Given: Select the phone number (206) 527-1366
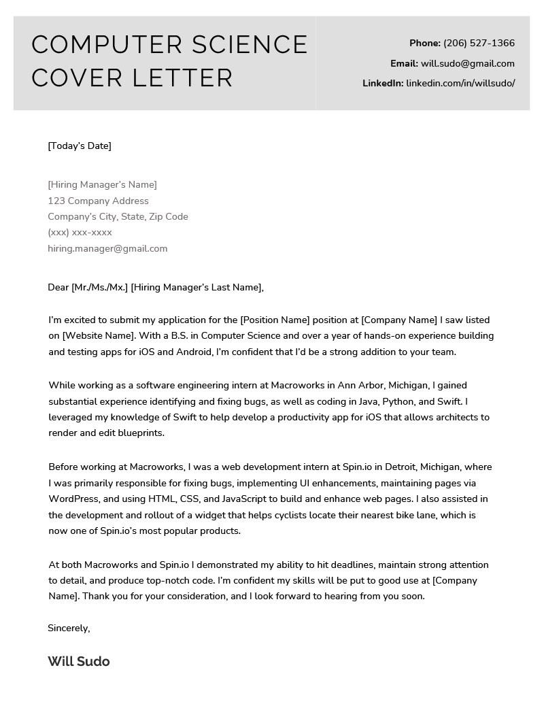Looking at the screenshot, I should (x=479, y=44).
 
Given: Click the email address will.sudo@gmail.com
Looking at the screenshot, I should (x=467, y=63).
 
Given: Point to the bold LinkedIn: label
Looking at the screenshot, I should (x=382, y=84).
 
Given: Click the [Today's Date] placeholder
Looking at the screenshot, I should (x=80, y=146).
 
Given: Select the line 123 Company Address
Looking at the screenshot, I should (x=98, y=201).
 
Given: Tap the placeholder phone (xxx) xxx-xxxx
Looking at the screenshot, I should (x=80, y=233).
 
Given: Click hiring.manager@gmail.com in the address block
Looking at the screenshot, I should (x=107, y=248).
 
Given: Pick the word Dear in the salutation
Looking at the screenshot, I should (x=58, y=287).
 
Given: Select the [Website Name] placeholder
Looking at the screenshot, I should (x=100, y=335).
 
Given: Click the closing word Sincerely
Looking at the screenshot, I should (x=68, y=628).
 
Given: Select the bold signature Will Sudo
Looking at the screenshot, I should (x=79, y=661).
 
